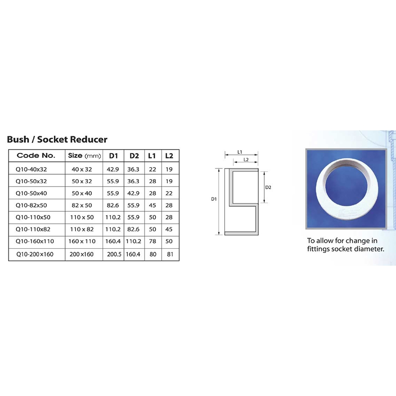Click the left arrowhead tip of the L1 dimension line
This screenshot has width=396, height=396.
tap(225, 155)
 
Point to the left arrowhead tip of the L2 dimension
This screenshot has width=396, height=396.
tap(233, 162)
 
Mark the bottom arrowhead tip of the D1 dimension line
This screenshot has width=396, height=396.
tap(219, 235)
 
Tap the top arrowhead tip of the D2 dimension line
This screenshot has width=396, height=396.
tap(264, 172)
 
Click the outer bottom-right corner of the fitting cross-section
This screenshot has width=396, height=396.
tap(258, 235)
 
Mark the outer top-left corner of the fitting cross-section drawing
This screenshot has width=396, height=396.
tap(225, 169)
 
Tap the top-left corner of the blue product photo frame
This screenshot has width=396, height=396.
tap(306, 149)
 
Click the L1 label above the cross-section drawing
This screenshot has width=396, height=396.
tap(239, 152)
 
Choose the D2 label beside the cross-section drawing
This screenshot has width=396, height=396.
tap(268, 187)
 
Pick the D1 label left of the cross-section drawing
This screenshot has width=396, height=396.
tap(214, 199)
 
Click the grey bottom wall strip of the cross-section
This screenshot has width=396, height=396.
tap(241, 233)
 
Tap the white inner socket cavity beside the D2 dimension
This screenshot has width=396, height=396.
tap(245, 187)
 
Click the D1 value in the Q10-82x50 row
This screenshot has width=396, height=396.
tap(113, 205)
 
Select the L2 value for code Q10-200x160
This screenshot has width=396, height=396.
tap(170, 254)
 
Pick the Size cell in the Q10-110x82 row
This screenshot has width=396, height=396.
tap(82, 229)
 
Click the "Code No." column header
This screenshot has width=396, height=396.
tap(36, 155)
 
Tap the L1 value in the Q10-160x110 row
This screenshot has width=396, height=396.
tap(152, 241)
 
